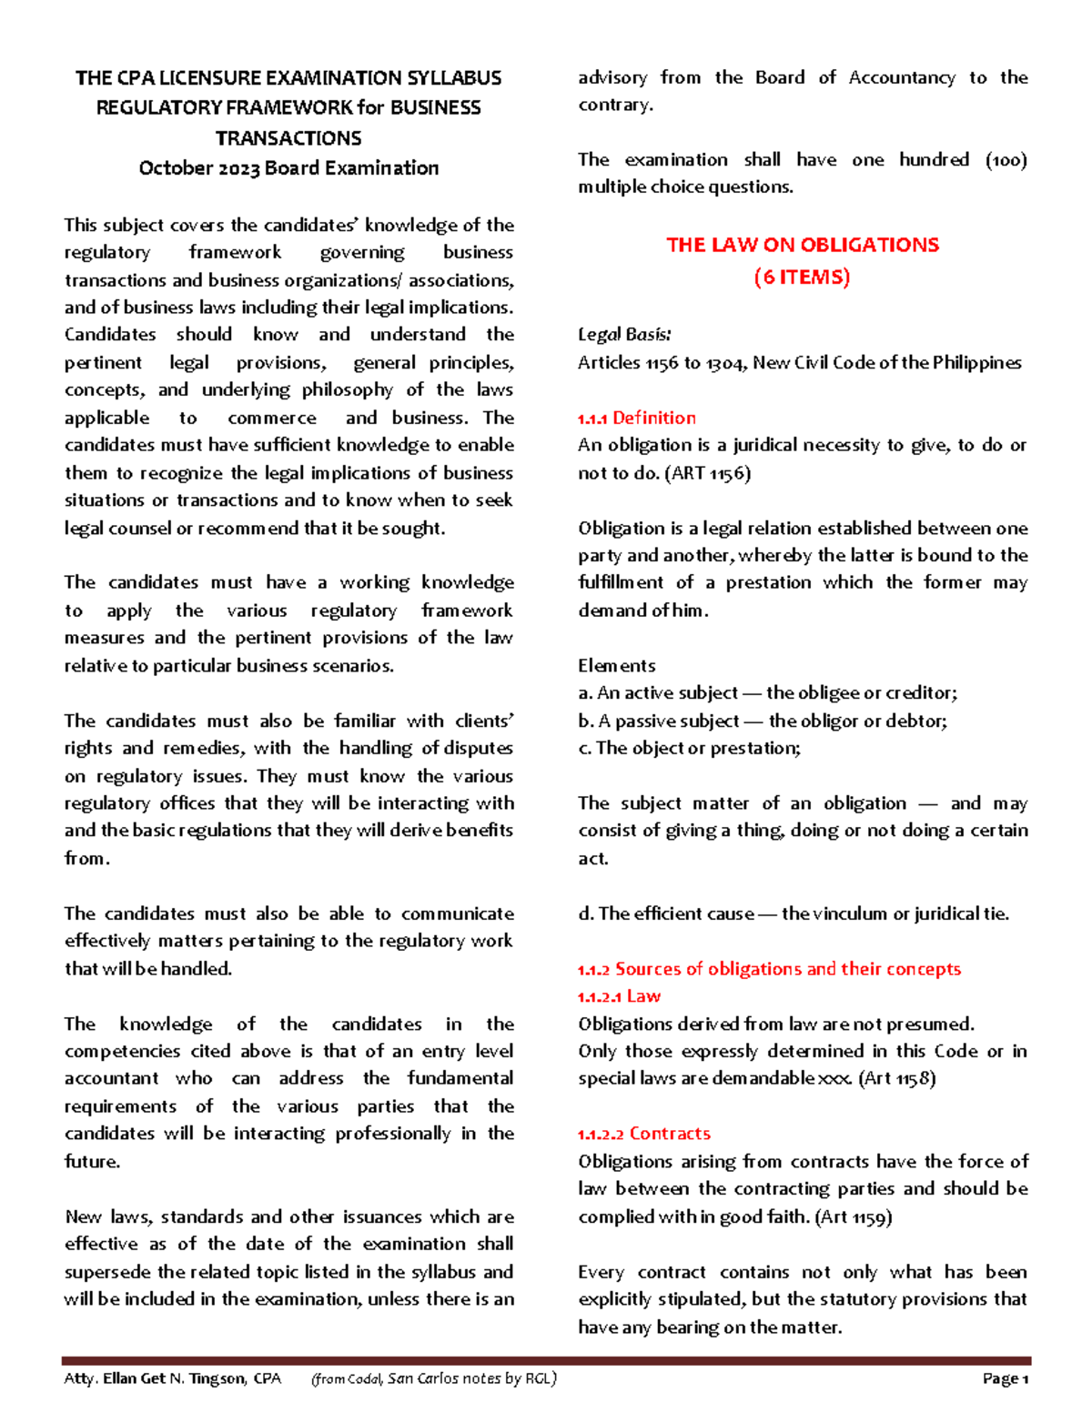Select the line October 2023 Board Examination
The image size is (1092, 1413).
pyautogui.click(x=288, y=168)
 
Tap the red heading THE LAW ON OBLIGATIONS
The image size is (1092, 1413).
pyautogui.click(x=802, y=245)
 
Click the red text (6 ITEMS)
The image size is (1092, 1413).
pyautogui.click(x=802, y=278)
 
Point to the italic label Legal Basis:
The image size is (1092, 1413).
pyautogui.click(x=624, y=334)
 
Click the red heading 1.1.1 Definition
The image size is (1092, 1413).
pyautogui.click(x=636, y=418)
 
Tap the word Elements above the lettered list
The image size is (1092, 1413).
pyautogui.click(x=616, y=665)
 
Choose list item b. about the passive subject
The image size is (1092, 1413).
pyautogui.click(x=763, y=722)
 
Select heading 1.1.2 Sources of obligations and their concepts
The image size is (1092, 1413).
pyautogui.click(x=769, y=969)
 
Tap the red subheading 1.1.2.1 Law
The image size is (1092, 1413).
pyautogui.click(x=619, y=996)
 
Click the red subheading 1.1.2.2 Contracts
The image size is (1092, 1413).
pyautogui.click(x=643, y=1134)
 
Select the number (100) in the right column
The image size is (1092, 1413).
pyautogui.click(x=1006, y=160)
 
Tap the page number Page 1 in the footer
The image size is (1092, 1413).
pyautogui.click(x=1005, y=1378)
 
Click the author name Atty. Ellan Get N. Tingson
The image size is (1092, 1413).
pyautogui.click(x=155, y=1378)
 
